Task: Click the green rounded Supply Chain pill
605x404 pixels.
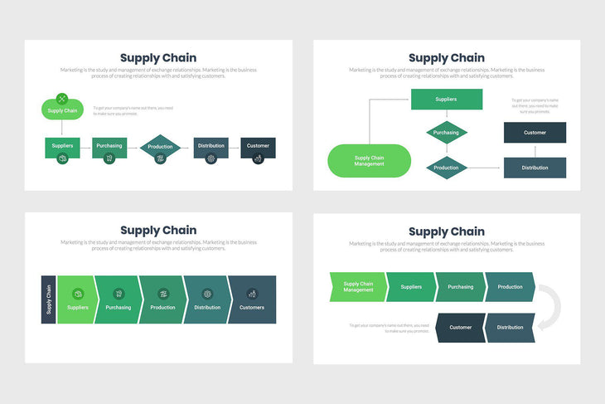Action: [x=62, y=110]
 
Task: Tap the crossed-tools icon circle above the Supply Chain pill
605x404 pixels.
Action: [x=62, y=99]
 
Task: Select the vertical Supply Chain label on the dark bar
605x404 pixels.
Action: [x=48, y=299]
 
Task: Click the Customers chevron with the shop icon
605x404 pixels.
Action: [x=252, y=299]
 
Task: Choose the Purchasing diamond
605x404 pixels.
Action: [x=446, y=132]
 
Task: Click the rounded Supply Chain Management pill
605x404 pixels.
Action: [x=369, y=161]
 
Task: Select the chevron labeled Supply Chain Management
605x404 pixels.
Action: [x=358, y=287]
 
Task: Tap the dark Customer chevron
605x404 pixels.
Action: [x=460, y=327]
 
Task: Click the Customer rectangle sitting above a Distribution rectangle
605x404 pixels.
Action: [x=535, y=132]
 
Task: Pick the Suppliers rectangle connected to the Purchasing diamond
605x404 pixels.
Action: [x=446, y=100]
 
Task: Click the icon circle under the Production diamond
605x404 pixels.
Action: [x=159, y=158]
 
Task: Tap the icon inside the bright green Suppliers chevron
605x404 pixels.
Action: [x=78, y=293]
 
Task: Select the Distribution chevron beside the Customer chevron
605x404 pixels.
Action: [x=510, y=327]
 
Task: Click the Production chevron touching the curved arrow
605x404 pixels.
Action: [x=510, y=287]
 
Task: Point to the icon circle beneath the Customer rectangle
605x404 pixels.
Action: [x=258, y=158]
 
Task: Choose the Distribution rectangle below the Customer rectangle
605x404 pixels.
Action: [x=535, y=168]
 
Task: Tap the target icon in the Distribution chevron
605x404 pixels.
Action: [x=207, y=293]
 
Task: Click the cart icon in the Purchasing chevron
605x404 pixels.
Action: [x=118, y=293]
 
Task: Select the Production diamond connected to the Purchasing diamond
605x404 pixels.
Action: [x=446, y=168]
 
